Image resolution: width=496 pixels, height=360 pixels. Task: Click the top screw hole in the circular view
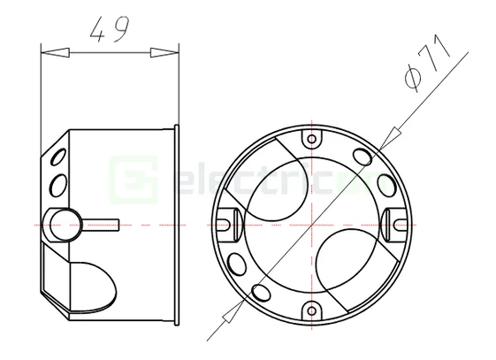(311, 140)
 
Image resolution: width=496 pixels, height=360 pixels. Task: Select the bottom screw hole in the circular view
(311, 310)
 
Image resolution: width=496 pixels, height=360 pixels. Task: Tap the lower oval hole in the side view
(59, 185)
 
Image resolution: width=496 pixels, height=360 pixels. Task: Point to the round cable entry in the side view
(63, 225)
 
